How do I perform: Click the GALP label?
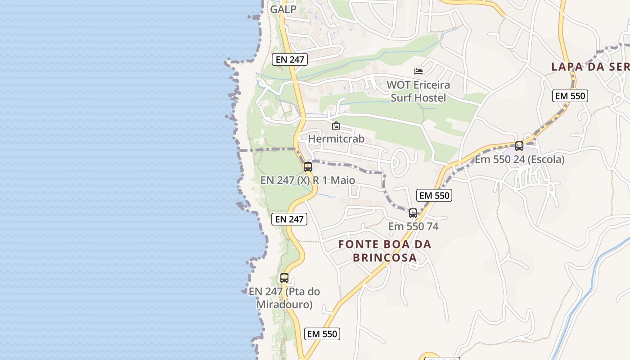(283, 9)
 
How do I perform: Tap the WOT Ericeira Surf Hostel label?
(418, 91)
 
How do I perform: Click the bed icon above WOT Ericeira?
(418, 71)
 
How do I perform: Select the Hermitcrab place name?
(336, 139)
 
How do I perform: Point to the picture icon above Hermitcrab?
(336, 126)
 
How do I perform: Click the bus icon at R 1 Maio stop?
(308, 166)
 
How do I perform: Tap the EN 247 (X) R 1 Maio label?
(308, 180)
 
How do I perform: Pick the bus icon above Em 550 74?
(413, 213)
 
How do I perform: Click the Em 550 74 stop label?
(413, 226)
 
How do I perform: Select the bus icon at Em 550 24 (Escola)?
(519, 146)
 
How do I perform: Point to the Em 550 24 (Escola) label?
(519, 159)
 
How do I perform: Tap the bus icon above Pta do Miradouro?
(284, 278)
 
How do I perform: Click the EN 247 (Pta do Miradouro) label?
(284, 298)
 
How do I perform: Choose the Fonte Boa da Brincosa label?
(385, 251)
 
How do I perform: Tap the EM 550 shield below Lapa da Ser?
(570, 96)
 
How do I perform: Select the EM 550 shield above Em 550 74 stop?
(434, 195)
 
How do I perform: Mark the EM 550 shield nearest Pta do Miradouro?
(322, 334)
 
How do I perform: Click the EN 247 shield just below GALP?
(290, 59)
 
